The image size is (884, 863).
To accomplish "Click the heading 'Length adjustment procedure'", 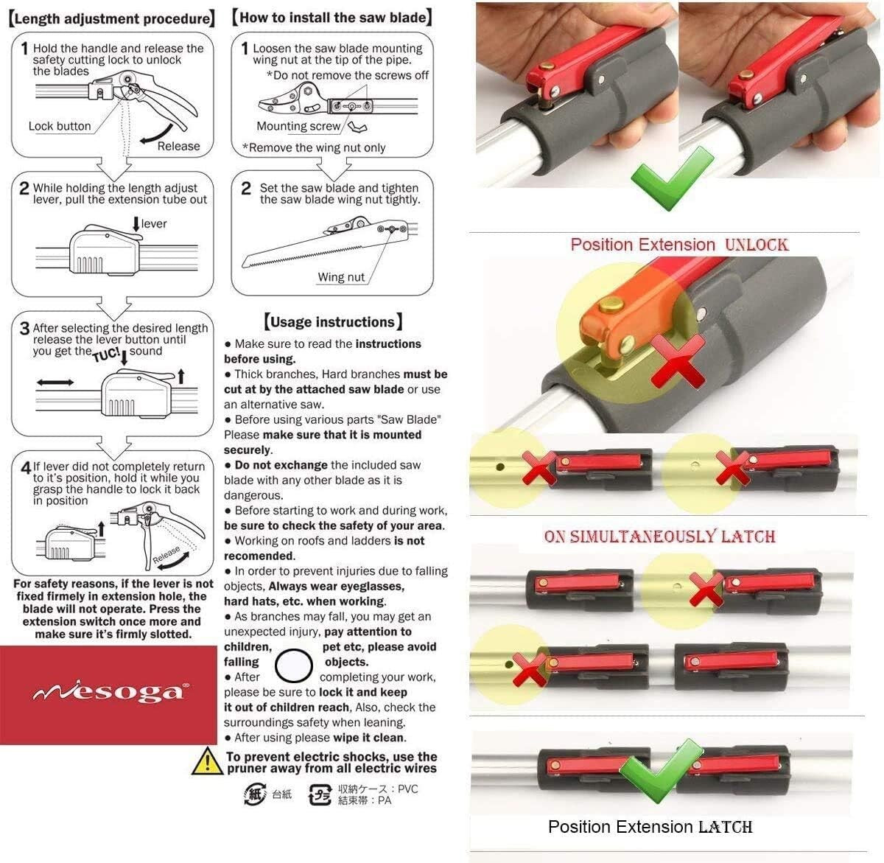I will click(x=112, y=18).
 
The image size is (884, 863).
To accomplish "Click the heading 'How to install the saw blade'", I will click(x=332, y=17).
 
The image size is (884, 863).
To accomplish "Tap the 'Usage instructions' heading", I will click(x=333, y=321).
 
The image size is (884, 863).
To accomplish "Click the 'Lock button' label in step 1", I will click(x=60, y=126).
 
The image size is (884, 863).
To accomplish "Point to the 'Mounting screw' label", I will click(x=298, y=126).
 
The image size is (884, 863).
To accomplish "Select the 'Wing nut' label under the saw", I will click(x=341, y=277).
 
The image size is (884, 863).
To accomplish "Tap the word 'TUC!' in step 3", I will click(x=106, y=355).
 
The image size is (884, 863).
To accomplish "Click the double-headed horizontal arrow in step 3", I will click(x=55, y=382).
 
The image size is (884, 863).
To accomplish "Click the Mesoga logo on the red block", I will click(x=109, y=693).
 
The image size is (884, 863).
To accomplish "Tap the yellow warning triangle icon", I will click(x=207, y=762).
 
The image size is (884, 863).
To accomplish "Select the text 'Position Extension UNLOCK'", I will click(x=679, y=245).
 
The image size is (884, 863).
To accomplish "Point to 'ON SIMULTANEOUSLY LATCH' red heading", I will click(x=659, y=536).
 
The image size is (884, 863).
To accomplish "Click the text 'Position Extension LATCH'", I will click(x=650, y=826).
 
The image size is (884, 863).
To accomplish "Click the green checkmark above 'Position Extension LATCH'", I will click(x=653, y=770).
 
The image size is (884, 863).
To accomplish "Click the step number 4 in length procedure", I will click(x=26, y=467).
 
